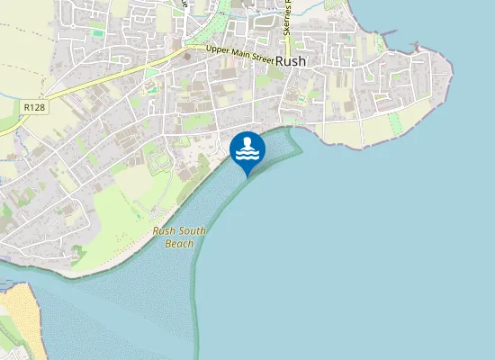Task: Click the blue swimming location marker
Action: pos(247,150)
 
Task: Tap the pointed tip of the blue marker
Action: pos(247,175)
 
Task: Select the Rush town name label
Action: pos(293,61)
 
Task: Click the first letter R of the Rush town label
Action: pos(281,61)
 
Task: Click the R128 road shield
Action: pos(35,107)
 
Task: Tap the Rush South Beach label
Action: pos(179,237)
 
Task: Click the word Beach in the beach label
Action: pos(179,243)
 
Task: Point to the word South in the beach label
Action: pos(192,231)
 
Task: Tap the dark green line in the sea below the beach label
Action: pos(193,288)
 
